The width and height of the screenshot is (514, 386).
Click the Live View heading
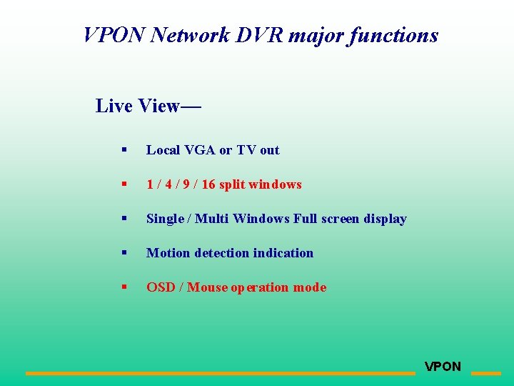[x=148, y=106]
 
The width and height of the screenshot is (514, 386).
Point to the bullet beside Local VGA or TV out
[x=124, y=150]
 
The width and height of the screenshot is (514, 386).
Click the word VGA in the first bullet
[x=200, y=150]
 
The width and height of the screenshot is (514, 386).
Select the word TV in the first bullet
[x=246, y=150]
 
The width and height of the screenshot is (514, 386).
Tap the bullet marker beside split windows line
[x=124, y=184]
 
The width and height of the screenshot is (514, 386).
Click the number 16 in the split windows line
[x=208, y=184]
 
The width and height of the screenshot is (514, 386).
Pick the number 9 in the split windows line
[x=185, y=184]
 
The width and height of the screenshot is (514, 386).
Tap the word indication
[x=284, y=253]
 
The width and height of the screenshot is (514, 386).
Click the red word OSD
[x=161, y=287]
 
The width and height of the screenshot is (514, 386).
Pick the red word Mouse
[x=207, y=287]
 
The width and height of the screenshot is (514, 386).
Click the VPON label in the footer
[x=443, y=367]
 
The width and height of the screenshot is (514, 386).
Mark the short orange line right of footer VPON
[x=486, y=373]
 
